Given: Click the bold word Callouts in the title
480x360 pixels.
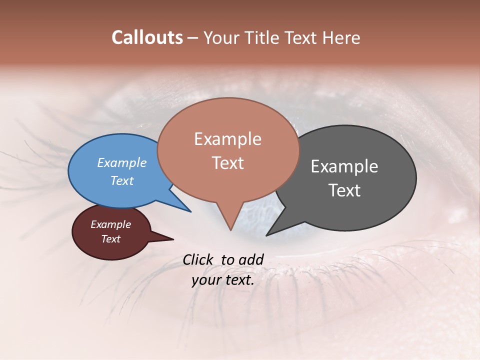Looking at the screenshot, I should [x=147, y=37].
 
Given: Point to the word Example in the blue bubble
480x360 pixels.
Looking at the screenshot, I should [x=121, y=162].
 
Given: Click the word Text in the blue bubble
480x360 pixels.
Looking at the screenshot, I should [x=121, y=180].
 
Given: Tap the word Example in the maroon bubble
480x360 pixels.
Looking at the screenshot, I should [x=110, y=224].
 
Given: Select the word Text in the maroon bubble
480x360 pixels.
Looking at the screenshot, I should [x=110, y=239].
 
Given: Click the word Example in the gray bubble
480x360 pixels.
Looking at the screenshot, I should [x=344, y=166].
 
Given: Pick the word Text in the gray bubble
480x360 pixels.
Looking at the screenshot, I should [x=344, y=190].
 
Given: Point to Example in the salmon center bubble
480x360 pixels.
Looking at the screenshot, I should [x=227, y=139].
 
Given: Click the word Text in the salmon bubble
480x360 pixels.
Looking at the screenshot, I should [x=227, y=163].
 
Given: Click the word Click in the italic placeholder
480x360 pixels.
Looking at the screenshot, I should [x=199, y=259].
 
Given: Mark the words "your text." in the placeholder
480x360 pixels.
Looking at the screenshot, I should [x=223, y=280].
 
